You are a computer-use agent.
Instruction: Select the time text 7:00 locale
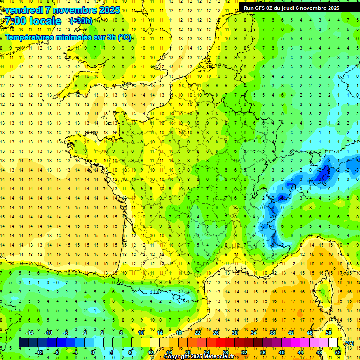33,22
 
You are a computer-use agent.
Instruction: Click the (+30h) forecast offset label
81,21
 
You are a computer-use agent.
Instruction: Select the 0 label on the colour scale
92,352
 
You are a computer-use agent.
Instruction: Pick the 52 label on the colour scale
338,352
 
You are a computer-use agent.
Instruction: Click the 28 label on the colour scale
225,352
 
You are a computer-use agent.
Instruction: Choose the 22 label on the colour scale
197,332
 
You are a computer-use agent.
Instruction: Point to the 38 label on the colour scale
272,332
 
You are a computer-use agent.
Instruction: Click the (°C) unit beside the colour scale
349,343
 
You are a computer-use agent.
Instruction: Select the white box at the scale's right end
333,343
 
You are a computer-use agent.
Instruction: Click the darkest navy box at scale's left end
23,343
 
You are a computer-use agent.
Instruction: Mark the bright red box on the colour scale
221,343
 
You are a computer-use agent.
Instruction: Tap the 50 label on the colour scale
329,332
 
